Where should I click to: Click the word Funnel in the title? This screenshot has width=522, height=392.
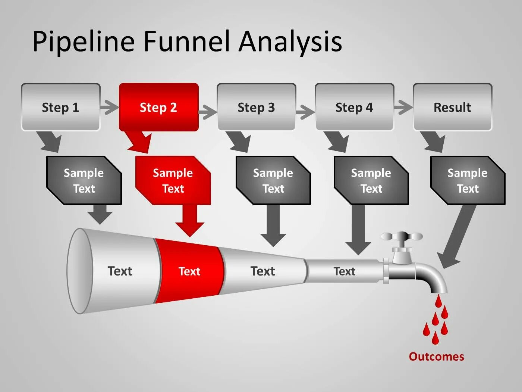[186, 41]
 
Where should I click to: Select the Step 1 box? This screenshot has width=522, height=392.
[60, 107]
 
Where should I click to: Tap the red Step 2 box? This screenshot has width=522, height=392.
[158, 107]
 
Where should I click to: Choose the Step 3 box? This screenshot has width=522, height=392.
[257, 107]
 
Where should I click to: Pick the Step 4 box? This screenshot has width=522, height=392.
[354, 107]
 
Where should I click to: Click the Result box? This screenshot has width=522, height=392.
[452, 107]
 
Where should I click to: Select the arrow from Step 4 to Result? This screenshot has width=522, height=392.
[403, 108]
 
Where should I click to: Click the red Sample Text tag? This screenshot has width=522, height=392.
[173, 181]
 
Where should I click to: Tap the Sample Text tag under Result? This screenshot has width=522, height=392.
[468, 181]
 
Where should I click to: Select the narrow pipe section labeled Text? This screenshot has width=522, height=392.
[344, 271]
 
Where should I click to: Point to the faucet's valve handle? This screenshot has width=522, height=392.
[402, 237]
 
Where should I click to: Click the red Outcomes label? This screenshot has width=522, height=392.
[436, 357]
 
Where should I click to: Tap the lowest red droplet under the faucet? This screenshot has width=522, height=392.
[435, 338]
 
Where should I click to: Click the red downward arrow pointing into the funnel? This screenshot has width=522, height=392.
[190, 220]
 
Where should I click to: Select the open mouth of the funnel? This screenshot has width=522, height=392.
[79, 271]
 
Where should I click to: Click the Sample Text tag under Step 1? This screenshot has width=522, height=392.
[84, 181]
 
